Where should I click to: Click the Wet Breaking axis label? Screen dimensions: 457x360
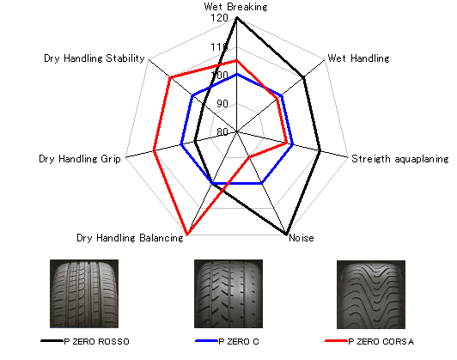click(x=235, y=7)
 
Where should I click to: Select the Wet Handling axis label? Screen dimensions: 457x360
click(x=358, y=58)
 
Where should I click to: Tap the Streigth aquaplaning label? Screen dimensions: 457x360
click(x=400, y=159)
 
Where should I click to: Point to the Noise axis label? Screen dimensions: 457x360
click(x=302, y=238)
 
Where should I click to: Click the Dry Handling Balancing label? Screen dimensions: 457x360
click(x=130, y=238)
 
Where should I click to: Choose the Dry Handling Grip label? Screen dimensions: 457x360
click(x=80, y=159)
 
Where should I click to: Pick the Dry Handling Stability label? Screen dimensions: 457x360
click(x=94, y=58)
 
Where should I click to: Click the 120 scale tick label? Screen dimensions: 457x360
click(x=219, y=18)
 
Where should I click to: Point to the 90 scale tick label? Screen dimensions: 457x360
click(x=222, y=103)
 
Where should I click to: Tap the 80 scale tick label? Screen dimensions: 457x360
click(x=222, y=131)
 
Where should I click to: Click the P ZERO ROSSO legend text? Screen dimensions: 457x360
click(x=96, y=342)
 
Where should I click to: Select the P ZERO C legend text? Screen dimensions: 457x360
click(x=239, y=342)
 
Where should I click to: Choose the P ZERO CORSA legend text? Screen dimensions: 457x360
click(x=381, y=342)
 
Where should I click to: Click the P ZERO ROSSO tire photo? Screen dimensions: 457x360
click(x=84, y=294)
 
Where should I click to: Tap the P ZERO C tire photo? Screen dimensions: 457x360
click(x=228, y=294)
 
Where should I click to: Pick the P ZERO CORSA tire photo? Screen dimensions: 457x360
click(x=371, y=295)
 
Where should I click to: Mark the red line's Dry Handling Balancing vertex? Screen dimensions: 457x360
click(x=187, y=235)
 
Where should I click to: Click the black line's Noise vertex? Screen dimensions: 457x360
click(x=286, y=234)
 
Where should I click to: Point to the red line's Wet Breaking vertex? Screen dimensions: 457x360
click(x=237, y=61)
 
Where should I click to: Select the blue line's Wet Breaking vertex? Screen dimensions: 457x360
click(x=237, y=75)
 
